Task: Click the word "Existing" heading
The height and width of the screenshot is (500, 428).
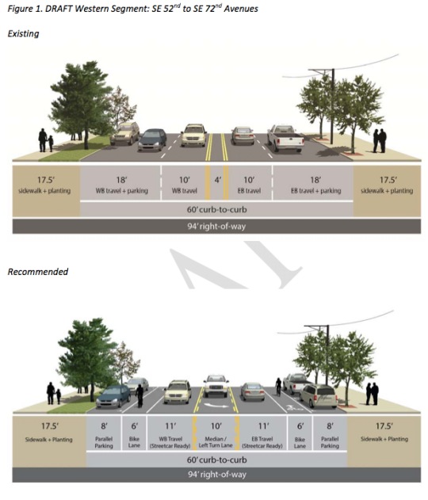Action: tap(23, 34)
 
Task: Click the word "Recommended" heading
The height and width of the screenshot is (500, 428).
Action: tap(37, 272)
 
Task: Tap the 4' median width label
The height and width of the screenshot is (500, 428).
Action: tap(217, 180)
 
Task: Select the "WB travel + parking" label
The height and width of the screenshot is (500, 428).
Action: tap(121, 191)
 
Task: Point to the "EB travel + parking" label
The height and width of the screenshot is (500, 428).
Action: tap(315, 191)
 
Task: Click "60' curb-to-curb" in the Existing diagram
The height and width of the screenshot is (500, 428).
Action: tap(217, 209)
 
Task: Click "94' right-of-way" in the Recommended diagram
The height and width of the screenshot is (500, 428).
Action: tap(217, 475)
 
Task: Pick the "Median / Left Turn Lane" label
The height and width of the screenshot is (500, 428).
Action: tap(216, 442)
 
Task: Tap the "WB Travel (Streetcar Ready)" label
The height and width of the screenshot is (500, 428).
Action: tap(170, 442)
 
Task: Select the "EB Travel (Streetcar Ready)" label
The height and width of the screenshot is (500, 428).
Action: tap(262, 442)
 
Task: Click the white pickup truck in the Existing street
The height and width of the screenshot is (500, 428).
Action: tap(285, 139)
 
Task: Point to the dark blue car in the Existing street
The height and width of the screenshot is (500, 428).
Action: tap(152, 139)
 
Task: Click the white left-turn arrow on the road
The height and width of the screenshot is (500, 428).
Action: tap(216, 405)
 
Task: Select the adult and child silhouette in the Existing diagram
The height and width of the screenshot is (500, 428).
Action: tap(46, 140)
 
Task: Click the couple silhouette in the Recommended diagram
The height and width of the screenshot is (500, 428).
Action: tap(372, 394)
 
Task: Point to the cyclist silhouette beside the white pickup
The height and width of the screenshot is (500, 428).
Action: tap(278, 387)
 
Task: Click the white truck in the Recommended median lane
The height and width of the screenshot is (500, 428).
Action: tap(216, 386)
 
